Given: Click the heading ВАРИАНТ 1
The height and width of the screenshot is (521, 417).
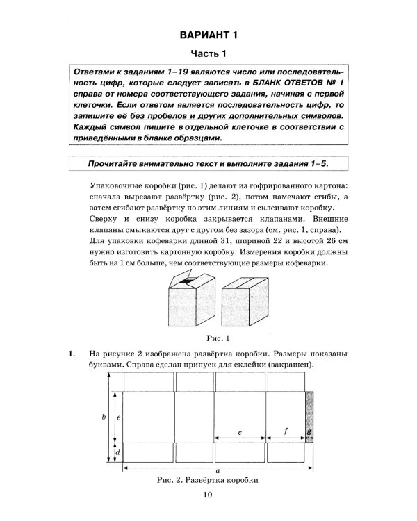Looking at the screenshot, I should [208, 35].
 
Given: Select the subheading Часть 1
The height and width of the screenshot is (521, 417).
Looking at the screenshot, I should [208, 54].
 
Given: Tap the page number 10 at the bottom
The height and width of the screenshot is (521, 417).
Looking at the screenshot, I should [208, 495].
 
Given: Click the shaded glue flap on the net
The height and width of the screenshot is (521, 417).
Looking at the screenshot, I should [309, 417].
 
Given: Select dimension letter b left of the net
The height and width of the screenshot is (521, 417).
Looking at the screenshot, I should [103, 417].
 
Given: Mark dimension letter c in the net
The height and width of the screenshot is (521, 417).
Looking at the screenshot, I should [239, 433].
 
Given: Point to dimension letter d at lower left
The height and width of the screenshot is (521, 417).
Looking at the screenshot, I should [119, 452].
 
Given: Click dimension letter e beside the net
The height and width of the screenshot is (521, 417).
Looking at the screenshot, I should [119, 417].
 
